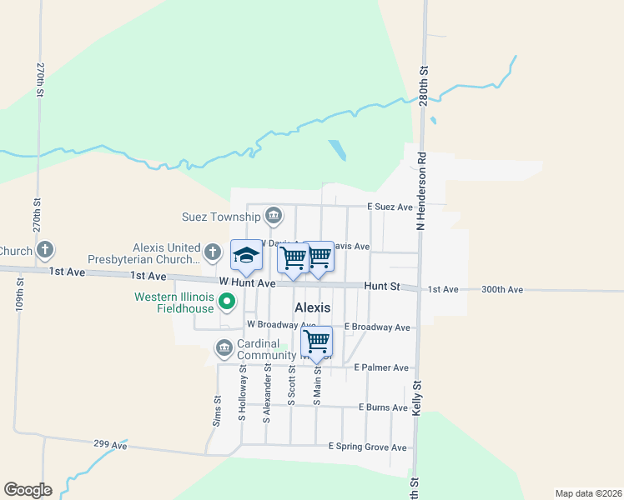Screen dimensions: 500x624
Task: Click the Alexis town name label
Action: [312, 307]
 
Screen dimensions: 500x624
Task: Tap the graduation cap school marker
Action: [246, 256]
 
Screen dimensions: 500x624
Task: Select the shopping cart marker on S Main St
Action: [316, 340]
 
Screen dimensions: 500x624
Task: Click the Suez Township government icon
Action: [273, 217]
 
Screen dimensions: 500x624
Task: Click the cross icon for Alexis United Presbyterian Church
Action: [213, 251]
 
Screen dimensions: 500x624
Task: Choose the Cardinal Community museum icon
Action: [224, 347]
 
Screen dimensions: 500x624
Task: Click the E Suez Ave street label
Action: [390, 207]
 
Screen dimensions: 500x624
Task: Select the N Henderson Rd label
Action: [421, 191]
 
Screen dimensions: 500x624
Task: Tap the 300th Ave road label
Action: [502, 289]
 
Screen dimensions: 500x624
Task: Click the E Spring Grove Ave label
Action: [367, 447]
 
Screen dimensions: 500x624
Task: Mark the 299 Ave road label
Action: [110, 444]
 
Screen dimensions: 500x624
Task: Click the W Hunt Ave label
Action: [247, 283]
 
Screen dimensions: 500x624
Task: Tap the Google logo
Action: [28, 490]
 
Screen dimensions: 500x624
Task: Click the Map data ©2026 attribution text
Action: [587, 492]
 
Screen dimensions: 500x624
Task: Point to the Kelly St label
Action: [415, 399]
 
